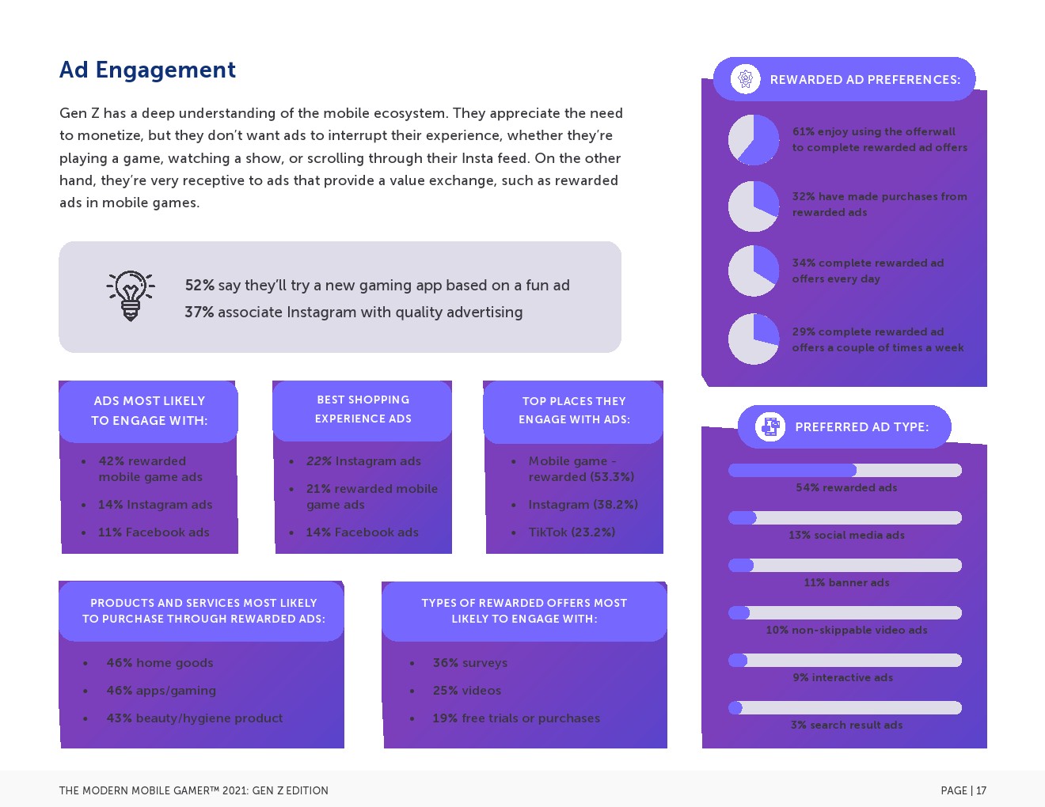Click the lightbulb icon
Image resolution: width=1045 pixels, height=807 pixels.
click(131, 296)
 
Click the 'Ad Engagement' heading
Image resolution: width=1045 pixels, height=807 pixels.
click(147, 70)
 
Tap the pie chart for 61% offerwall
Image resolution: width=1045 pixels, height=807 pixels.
click(754, 140)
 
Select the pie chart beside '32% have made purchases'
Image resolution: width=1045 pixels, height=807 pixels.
click(754, 206)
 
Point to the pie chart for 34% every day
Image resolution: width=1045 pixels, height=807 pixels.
click(754, 271)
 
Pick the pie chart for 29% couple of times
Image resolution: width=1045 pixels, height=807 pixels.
click(754, 339)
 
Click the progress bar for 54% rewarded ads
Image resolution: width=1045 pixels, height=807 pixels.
click(845, 471)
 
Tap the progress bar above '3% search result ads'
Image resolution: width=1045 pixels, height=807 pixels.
click(845, 708)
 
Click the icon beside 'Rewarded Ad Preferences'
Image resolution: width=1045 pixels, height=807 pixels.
click(745, 79)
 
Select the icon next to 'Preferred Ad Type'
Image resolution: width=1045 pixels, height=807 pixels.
click(769, 426)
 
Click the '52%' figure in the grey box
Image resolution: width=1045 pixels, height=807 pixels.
click(199, 286)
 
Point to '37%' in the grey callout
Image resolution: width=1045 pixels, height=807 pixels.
click(199, 313)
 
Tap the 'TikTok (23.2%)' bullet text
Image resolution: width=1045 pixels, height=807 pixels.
click(572, 532)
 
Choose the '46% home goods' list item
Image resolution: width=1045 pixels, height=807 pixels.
click(160, 663)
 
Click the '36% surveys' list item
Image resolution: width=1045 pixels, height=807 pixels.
click(469, 663)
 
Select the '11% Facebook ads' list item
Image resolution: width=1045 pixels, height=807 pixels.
click(154, 532)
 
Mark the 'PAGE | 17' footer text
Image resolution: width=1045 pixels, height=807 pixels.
click(963, 790)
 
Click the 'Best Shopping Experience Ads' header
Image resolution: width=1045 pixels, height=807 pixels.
click(363, 410)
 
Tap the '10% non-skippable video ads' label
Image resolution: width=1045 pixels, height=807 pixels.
click(846, 631)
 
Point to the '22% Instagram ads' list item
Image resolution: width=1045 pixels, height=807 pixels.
click(363, 461)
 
